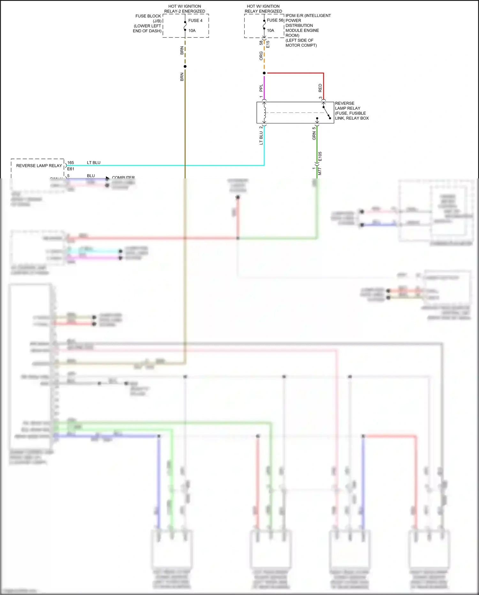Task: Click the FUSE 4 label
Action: tap(195, 20)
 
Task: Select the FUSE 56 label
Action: tap(275, 20)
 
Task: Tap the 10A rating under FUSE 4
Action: tap(192, 31)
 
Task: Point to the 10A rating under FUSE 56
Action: tap(270, 31)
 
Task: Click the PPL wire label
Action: tap(261, 88)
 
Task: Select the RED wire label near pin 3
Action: tap(320, 88)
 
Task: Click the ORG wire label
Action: tap(261, 56)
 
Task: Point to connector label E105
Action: tap(320, 156)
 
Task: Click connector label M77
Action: tap(320, 171)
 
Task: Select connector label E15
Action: tap(268, 44)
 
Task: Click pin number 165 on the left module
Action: tap(71, 163)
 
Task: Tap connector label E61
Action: tap(71, 169)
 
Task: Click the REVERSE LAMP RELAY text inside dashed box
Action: tap(39, 166)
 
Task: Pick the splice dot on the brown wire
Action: tap(185, 67)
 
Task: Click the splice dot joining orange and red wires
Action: tap(264, 73)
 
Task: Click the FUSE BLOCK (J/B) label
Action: tap(148, 19)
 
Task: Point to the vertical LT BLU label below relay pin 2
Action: tap(261, 138)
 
